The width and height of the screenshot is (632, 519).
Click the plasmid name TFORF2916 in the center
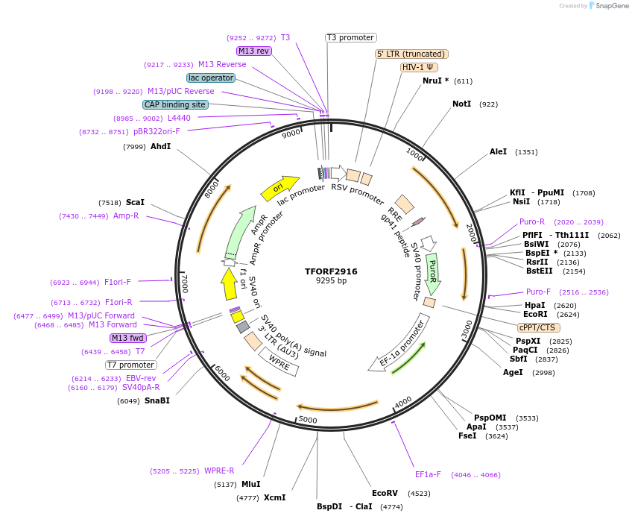[331, 271]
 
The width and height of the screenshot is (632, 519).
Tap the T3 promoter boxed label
[351, 37]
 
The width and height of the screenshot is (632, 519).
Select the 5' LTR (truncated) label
[411, 54]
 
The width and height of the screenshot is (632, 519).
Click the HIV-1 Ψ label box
[420, 67]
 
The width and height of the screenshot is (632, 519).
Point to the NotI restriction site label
[461, 104]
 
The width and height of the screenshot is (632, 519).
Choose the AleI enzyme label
[498, 151]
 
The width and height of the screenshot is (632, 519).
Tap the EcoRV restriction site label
[385, 493]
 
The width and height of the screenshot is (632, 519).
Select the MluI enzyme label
[251, 484]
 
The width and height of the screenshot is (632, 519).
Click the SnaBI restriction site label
[157, 400]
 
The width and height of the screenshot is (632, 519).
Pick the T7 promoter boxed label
[131, 365]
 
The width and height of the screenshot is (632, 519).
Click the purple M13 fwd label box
[128, 338]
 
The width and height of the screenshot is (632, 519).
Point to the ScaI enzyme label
[135, 202]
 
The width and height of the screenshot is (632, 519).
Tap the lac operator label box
[211, 78]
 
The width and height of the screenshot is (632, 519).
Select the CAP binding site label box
[175, 104]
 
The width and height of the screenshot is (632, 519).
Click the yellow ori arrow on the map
[279, 188]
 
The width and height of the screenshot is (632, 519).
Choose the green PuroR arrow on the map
[432, 273]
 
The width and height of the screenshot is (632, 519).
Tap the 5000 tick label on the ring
[308, 421]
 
